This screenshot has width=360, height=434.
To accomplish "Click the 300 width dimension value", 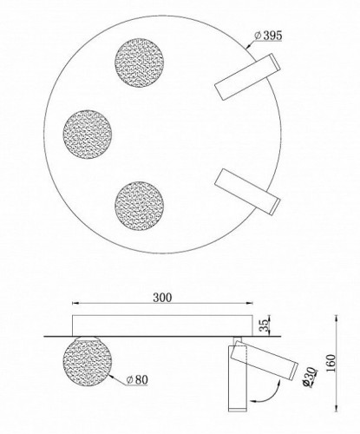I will (x=160, y=297).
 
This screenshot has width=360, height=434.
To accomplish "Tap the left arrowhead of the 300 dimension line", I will (x=74, y=305).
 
